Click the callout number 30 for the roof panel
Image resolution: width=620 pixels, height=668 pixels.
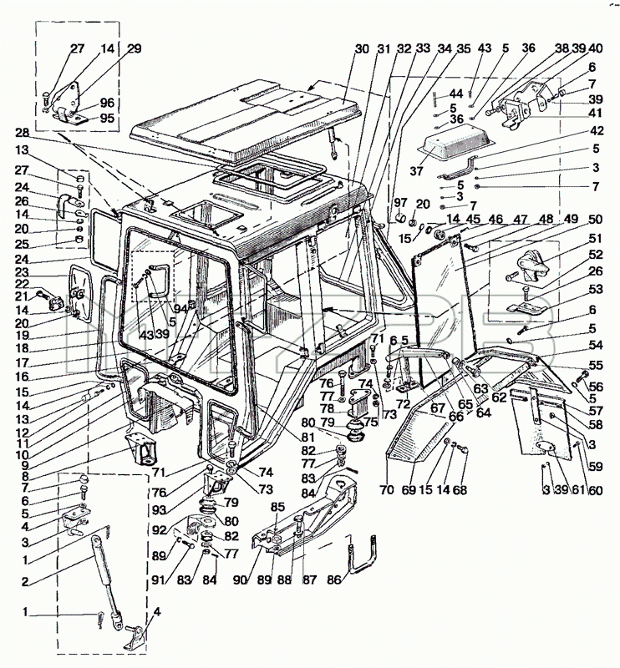362,49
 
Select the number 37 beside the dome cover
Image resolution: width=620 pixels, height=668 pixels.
417,171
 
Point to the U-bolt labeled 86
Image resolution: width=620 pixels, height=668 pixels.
363,554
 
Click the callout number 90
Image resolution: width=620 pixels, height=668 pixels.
240,579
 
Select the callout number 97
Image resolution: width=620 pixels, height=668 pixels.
400,202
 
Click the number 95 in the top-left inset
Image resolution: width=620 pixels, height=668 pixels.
107,118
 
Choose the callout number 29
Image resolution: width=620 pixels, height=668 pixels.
134,48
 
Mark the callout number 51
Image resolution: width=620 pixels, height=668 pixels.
595,239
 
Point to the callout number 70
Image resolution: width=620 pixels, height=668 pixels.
387,490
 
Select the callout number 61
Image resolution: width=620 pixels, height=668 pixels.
578,490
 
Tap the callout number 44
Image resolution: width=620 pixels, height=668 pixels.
456,94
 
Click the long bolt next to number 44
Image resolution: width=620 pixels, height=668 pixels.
435,99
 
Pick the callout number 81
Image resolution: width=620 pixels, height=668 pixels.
307,437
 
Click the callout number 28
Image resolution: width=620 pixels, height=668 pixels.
22,133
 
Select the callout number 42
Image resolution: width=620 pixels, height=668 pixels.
597,130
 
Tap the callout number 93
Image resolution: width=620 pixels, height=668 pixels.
158,509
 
